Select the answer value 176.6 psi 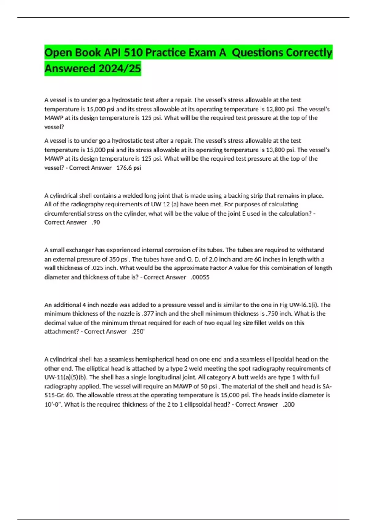128,168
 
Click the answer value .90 96,222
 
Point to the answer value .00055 200,277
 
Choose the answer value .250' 138,332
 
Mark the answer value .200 288,404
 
